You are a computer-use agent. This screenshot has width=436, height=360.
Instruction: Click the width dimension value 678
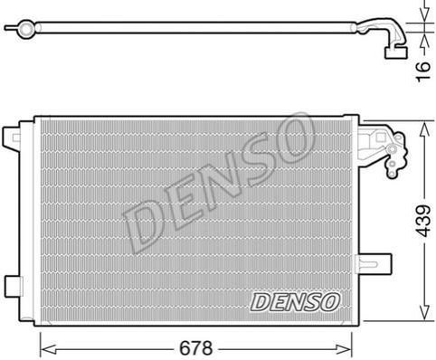pyautogui.click(x=196, y=348)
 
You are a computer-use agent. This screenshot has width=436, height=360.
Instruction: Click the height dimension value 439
pyautogui.click(x=423, y=221)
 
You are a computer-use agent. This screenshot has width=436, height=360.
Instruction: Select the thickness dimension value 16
pyautogui.click(x=423, y=71)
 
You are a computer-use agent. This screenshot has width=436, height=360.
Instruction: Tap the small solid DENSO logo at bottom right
pyautogui.click(x=295, y=302)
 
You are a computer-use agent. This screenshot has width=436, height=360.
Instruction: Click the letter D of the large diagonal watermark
pyautogui.click(x=143, y=223)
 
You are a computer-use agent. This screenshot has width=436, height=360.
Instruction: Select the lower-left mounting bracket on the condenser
pyautogui.click(x=14, y=287)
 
